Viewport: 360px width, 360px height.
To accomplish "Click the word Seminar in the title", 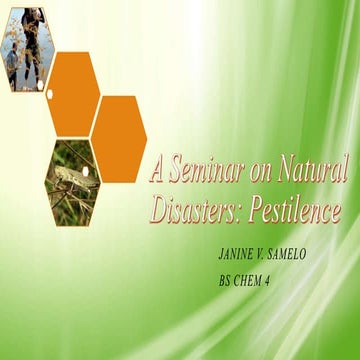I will (x=207, y=169).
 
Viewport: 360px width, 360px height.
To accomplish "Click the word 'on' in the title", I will (x=259, y=171).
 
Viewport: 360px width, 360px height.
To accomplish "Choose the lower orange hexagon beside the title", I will (x=120, y=138).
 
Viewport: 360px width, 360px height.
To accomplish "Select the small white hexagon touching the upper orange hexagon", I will (x=48, y=93).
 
